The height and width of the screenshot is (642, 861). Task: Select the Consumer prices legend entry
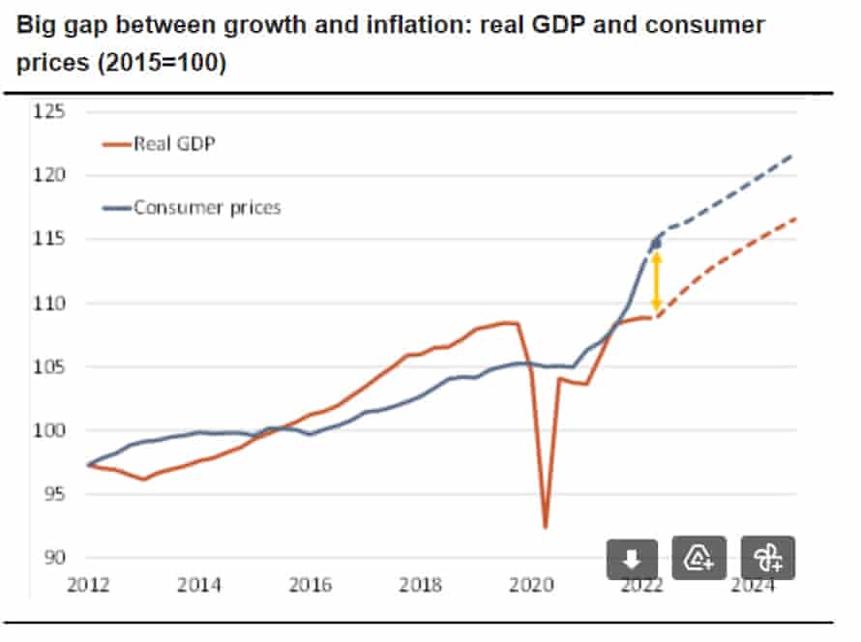193,207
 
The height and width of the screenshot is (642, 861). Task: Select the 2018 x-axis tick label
421,584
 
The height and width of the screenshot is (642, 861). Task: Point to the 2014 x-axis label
199,584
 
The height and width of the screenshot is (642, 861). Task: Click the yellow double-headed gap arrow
656,280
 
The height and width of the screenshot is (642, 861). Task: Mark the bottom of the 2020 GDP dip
546,527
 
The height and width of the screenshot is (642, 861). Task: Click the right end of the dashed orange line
795,219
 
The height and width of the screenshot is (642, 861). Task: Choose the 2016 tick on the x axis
310,584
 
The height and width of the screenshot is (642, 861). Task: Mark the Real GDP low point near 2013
143,480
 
